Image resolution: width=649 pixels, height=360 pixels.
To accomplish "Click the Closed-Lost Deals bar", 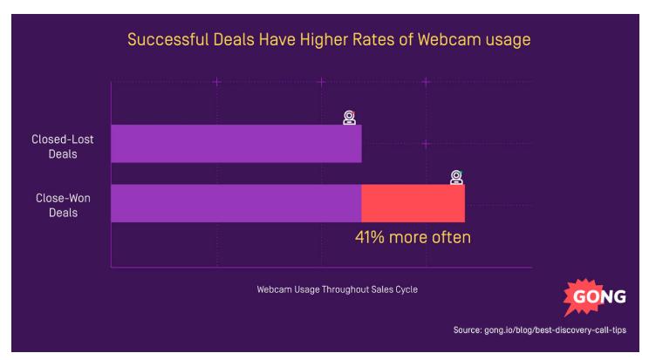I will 236,144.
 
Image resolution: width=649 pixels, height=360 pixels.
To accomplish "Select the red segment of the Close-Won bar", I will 413,203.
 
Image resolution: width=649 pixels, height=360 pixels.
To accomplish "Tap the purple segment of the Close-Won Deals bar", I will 236,203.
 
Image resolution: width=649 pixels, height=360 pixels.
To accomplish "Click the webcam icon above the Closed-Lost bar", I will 349,118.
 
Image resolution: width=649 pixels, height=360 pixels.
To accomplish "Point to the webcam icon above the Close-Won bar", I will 455,177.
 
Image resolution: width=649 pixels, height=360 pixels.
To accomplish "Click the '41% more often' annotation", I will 412,236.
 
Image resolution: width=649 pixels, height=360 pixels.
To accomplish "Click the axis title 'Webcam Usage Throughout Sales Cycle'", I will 336,289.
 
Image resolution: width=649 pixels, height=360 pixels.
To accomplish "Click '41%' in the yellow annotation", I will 371,236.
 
